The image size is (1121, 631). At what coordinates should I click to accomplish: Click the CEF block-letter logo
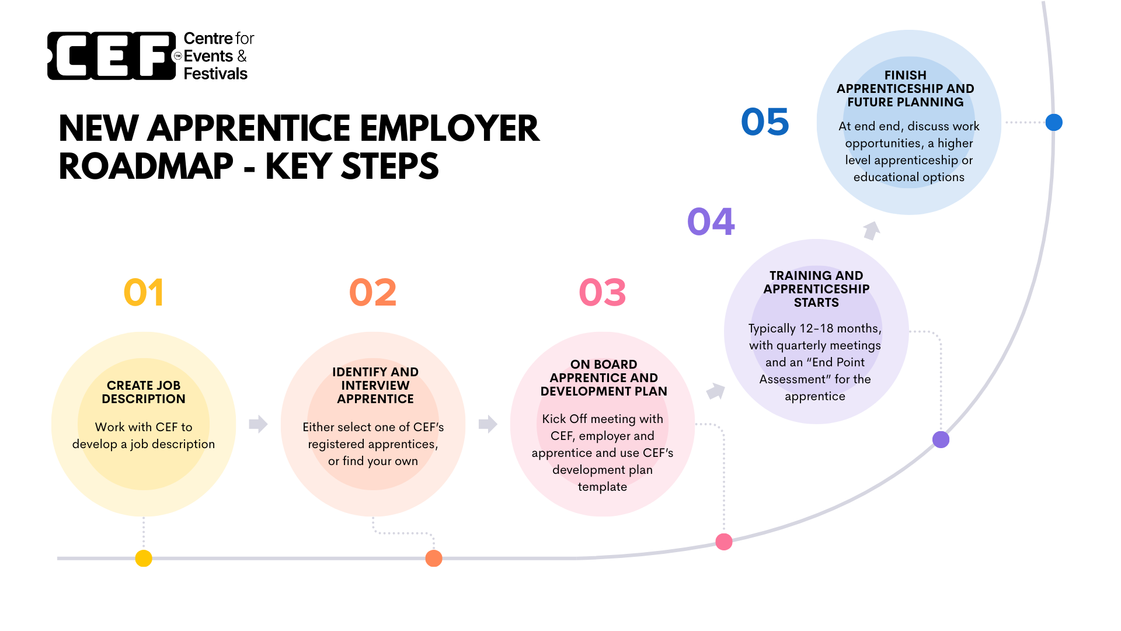coord(112,56)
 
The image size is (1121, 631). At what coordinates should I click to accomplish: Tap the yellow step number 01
coord(144,292)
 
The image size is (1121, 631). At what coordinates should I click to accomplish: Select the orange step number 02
coord(372,292)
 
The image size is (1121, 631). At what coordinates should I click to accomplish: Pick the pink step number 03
coord(603,292)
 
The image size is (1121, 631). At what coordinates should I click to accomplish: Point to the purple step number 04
coord(711,221)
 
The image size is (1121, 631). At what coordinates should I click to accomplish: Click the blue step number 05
coord(765,122)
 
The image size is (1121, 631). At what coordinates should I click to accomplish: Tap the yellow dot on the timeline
coord(144,558)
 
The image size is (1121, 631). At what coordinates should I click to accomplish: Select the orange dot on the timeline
coord(434,558)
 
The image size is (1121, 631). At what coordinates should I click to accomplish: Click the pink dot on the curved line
coord(724,542)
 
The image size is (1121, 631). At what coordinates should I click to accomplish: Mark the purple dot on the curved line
coord(941,439)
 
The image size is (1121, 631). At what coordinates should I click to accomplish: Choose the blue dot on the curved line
coord(1054,122)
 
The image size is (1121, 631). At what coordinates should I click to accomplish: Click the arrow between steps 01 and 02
coord(258,424)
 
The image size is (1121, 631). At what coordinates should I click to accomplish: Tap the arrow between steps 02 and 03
coord(488,424)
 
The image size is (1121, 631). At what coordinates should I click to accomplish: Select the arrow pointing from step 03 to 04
coord(716,391)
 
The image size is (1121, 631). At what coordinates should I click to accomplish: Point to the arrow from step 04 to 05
coord(872,230)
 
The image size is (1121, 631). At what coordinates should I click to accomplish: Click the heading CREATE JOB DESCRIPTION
coord(144,392)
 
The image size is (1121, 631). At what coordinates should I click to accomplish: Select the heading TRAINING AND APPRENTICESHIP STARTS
coord(816,289)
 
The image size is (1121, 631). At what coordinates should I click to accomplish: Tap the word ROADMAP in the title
coord(146,167)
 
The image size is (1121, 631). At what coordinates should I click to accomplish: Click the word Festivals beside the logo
coord(215,74)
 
